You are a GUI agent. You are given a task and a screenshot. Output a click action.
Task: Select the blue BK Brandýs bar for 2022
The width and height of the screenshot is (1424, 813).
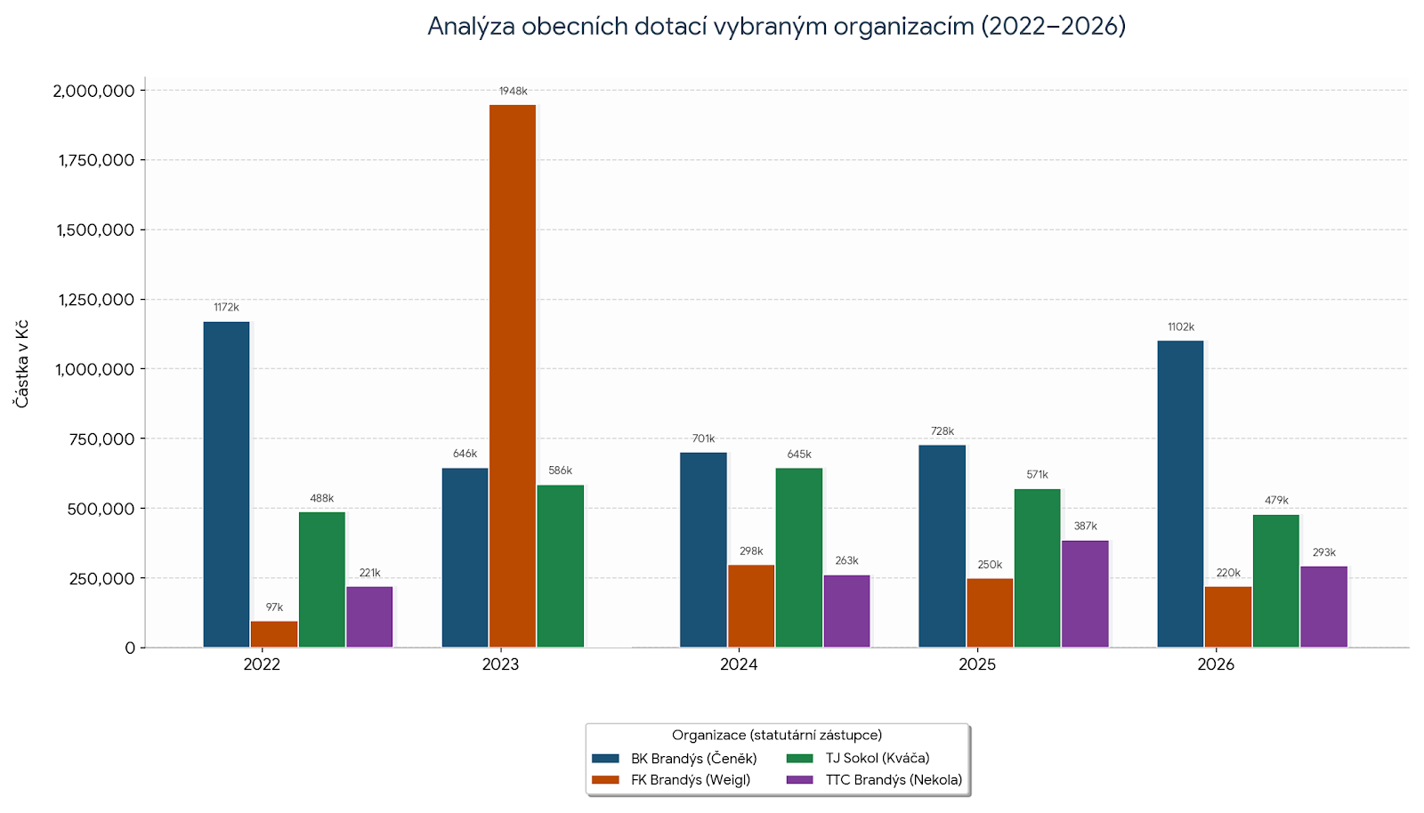(226, 484)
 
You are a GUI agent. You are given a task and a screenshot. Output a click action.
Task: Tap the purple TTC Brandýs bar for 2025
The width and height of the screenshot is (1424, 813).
(1085, 593)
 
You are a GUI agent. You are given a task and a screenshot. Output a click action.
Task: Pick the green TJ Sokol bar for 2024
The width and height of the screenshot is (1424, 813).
(799, 557)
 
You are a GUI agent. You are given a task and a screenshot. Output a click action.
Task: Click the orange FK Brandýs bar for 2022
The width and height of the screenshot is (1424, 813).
(274, 633)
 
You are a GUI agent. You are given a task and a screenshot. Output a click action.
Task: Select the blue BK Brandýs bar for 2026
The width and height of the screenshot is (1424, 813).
(1180, 494)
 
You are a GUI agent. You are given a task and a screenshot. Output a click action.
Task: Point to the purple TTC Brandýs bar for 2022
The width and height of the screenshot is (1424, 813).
(369, 616)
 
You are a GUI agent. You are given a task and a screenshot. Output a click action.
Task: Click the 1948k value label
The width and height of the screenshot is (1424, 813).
(513, 92)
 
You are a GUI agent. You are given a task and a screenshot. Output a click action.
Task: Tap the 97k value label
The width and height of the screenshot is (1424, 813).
(274, 608)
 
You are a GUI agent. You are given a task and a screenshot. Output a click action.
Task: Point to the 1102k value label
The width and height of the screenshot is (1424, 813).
(1181, 327)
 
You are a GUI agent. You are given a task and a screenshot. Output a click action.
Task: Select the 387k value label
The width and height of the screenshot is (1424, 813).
(1085, 527)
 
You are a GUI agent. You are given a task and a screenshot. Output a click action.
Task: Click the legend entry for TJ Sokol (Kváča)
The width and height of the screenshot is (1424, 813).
(877, 759)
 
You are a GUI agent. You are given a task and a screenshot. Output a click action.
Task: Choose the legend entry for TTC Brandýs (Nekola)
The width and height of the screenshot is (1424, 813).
(893, 780)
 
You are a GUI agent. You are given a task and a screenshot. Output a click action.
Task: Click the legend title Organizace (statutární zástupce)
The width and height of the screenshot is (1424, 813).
(777, 735)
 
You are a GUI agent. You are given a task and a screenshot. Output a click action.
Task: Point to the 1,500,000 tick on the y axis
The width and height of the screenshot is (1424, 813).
(95, 230)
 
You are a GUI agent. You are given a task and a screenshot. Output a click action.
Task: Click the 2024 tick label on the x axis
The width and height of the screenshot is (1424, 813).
(739, 664)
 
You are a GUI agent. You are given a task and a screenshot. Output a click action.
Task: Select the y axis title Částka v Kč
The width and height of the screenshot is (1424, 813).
(21, 364)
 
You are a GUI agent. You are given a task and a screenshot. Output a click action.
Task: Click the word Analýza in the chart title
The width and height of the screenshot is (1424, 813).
(470, 27)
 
